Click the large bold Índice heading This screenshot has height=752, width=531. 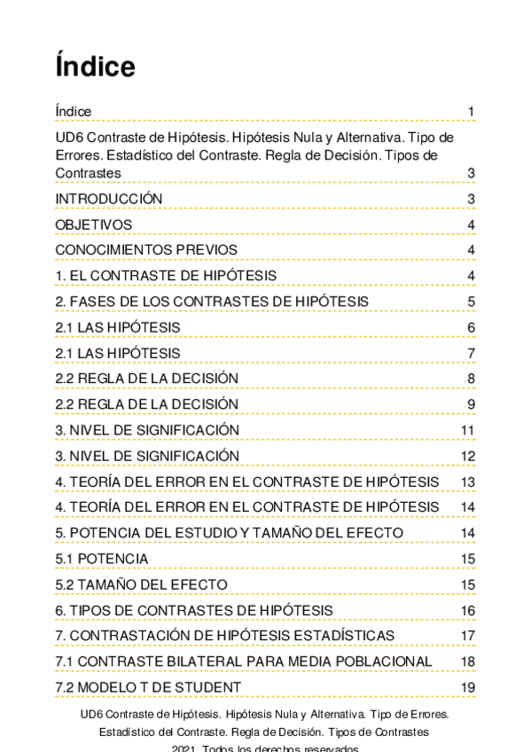(95, 67)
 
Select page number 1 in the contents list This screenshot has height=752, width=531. (472, 112)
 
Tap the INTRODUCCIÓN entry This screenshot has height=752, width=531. (109, 199)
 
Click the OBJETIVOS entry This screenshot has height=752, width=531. (93, 224)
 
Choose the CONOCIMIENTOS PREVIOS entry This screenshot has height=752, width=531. (146, 250)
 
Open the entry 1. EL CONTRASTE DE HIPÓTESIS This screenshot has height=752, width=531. (166, 276)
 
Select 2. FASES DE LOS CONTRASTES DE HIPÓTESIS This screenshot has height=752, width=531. (212, 302)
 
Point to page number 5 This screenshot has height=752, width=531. (472, 302)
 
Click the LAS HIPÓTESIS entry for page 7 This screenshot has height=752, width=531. (118, 353)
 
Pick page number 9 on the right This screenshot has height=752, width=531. (472, 405)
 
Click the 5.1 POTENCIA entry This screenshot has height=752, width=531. (102, 559)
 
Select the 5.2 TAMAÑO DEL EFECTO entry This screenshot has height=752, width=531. (141, 584)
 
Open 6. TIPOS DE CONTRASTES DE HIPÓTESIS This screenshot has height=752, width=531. (194, 610)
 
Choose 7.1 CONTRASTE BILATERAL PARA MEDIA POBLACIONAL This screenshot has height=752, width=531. (244, 662)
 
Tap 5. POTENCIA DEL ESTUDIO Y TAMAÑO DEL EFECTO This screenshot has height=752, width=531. (229, 533)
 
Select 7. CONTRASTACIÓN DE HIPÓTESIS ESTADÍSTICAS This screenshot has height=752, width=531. (225, 636)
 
